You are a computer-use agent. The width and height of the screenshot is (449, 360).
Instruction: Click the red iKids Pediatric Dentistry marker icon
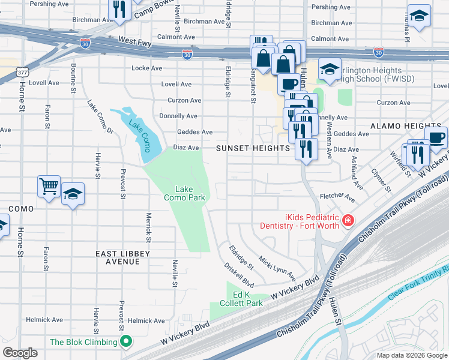[347, 222]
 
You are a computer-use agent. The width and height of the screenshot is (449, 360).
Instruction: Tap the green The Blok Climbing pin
[126, 343]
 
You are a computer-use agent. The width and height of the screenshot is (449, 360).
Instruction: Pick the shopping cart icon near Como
[48, 185]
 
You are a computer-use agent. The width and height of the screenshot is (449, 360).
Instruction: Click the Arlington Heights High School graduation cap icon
[330, 69]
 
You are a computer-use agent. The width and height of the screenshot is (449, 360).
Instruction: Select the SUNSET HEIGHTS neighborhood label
[253, 148]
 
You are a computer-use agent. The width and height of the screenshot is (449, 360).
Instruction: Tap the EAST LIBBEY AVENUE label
[123, 258]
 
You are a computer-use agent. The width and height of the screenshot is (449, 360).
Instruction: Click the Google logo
[20, 353]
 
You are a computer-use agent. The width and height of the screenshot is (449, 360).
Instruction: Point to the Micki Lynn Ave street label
[277, 268]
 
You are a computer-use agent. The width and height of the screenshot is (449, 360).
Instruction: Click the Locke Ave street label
[147, 68]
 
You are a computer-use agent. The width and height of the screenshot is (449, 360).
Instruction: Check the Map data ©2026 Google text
[412, 355]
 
